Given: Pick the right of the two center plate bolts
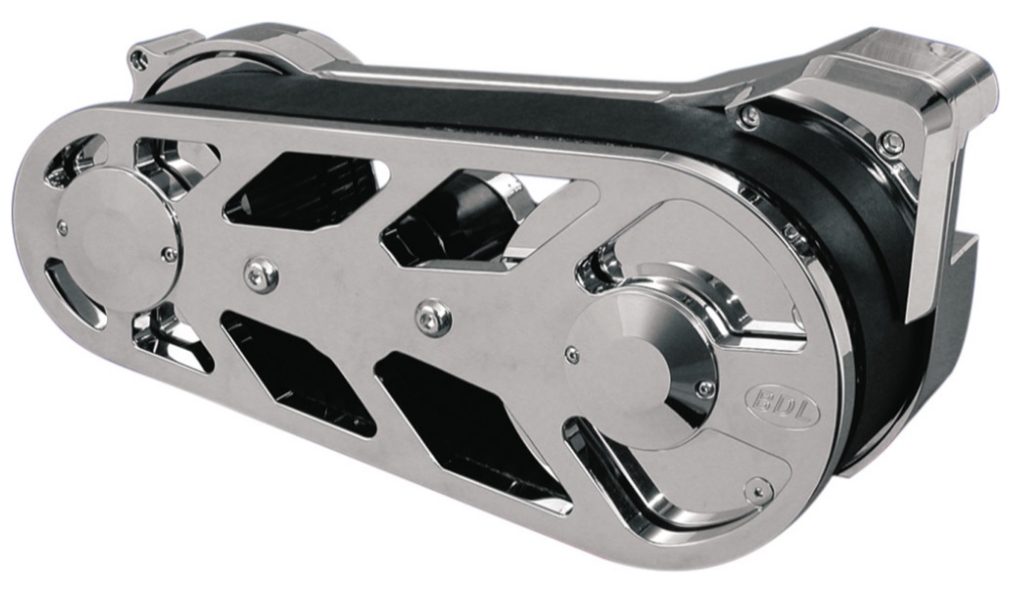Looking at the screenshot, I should click(432, 317).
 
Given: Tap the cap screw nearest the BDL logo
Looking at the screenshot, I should click(705, 389).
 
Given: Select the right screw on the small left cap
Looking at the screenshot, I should click(169, 255).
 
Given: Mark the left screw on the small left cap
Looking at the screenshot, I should click(63, 227).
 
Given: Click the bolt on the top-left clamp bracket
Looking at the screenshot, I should click(140, 60).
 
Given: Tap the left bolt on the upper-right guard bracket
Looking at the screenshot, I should click(749, 118).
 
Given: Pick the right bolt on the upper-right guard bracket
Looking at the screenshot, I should click(889, 145).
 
